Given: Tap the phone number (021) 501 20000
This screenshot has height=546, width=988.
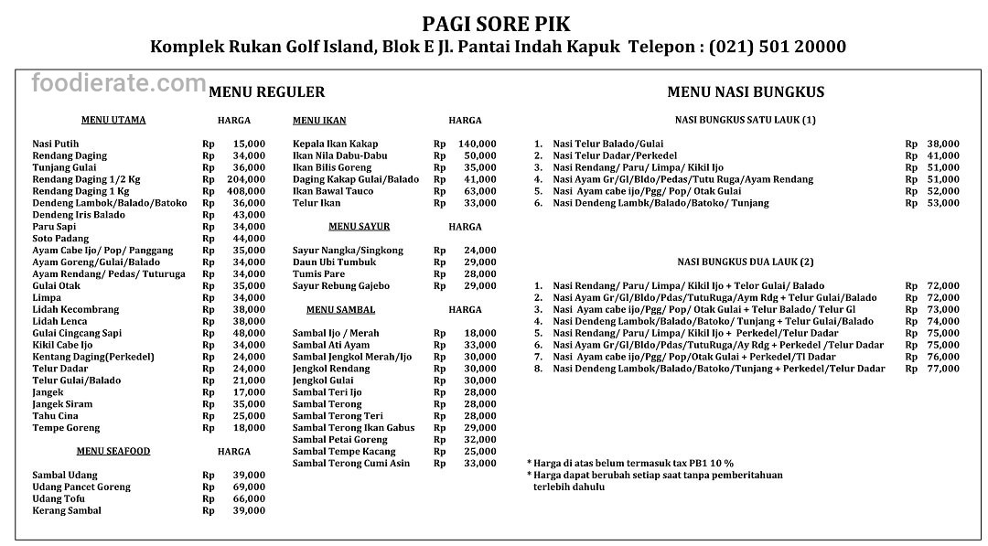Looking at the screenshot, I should tap(776, 47).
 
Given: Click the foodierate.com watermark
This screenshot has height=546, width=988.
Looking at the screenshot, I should tap(119, 84).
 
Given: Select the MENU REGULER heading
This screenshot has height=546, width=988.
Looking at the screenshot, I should tap(266, 92).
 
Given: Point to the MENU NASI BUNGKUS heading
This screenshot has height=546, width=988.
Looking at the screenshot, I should tap(746, 92).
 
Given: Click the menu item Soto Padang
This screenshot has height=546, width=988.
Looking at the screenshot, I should tap(61, 238).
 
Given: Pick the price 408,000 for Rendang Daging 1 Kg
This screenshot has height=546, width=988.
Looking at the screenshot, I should tap(249, 191).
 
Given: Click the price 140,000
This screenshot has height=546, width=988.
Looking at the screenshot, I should tap(478, 144).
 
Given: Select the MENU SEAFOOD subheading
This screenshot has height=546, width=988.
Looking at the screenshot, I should tap(113, 451).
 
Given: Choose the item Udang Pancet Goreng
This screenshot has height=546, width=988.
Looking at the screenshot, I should tap(75, 487).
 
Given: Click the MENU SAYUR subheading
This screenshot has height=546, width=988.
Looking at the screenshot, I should tap(359, 226).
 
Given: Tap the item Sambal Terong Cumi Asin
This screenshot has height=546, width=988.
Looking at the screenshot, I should tap(351, 464).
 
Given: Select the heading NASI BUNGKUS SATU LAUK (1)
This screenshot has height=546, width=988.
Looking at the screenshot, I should tap(745, 120).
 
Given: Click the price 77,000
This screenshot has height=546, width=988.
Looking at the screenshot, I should tap(943, 369).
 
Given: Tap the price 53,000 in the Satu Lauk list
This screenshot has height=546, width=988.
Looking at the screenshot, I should tap(943, 203).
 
